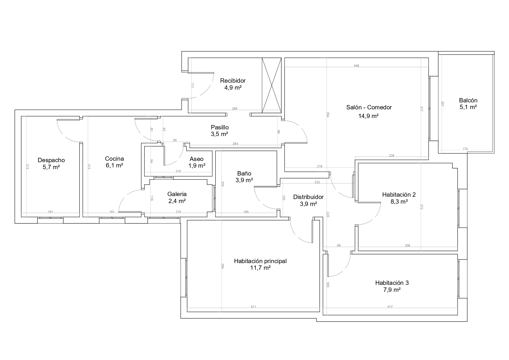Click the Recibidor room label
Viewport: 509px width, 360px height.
(233, 81)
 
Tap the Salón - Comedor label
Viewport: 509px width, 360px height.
(369, 107)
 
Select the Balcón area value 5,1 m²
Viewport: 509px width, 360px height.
(468, 107)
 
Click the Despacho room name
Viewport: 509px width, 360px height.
(51, 160)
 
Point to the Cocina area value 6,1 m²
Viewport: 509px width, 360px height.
(114, 165)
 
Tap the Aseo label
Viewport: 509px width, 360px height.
(197, 159)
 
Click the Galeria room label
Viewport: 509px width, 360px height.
(177, 194)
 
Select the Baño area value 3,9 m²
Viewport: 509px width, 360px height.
(244, 180)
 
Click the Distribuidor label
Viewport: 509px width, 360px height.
(308, 197)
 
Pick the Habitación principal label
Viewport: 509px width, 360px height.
(260, 261)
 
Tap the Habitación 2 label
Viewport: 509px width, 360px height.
(399, 195)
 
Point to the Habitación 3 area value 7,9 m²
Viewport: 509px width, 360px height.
(392, 290)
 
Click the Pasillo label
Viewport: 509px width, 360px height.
(220, 127)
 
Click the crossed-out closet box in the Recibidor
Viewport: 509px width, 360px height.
(271, 85)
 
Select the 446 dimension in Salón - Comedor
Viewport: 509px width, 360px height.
(356, 66)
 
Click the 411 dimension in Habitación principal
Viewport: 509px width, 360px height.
(253, 307)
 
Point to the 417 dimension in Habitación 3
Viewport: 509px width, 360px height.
(390, 307)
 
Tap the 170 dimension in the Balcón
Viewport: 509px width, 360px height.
(465, 149)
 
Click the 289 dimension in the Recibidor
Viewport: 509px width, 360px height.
(235, 109)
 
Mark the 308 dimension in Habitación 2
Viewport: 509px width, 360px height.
(407, 245)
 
